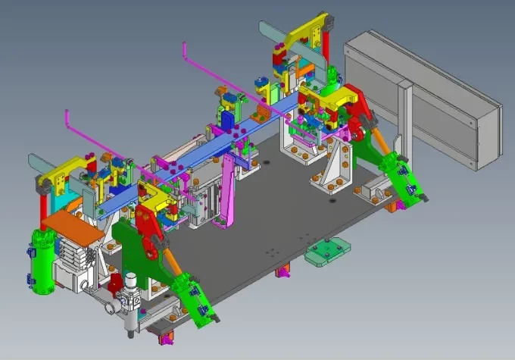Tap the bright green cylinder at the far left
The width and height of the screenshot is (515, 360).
click(42, 261)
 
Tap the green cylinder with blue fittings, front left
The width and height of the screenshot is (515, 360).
click(189, 300)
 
